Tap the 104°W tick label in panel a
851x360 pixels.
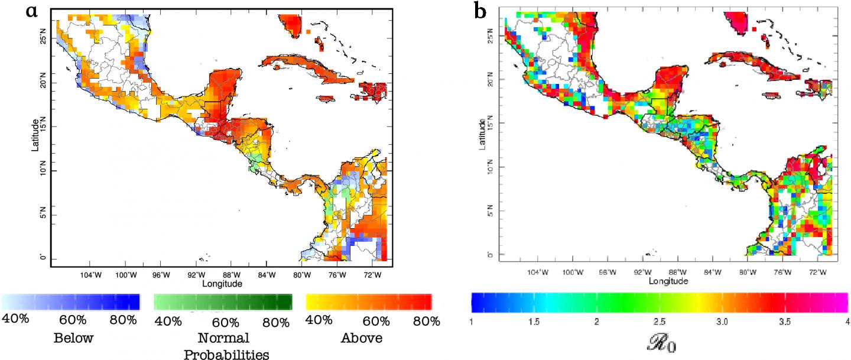[x=90, y=275]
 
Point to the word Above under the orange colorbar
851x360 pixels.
[x=362, y=339]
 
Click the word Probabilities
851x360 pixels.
[x=227, y=354]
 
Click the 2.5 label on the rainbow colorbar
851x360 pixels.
[x=659, y=322]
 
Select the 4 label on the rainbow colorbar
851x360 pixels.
[x=847, y=322]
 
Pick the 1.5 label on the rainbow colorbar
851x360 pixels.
[x=534, y=322]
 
